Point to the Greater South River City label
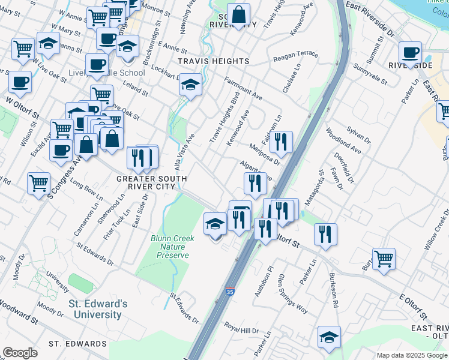point(151,182)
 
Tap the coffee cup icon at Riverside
point(410,53)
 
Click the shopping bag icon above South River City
point(238,15)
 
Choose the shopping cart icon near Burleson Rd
point(384,259)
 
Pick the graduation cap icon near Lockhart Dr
point(190,85)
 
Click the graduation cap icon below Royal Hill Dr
point(329,338)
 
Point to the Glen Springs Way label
point(292,294)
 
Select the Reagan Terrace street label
point(295,56)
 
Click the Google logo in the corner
point(20,353)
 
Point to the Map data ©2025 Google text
point(412,355)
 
